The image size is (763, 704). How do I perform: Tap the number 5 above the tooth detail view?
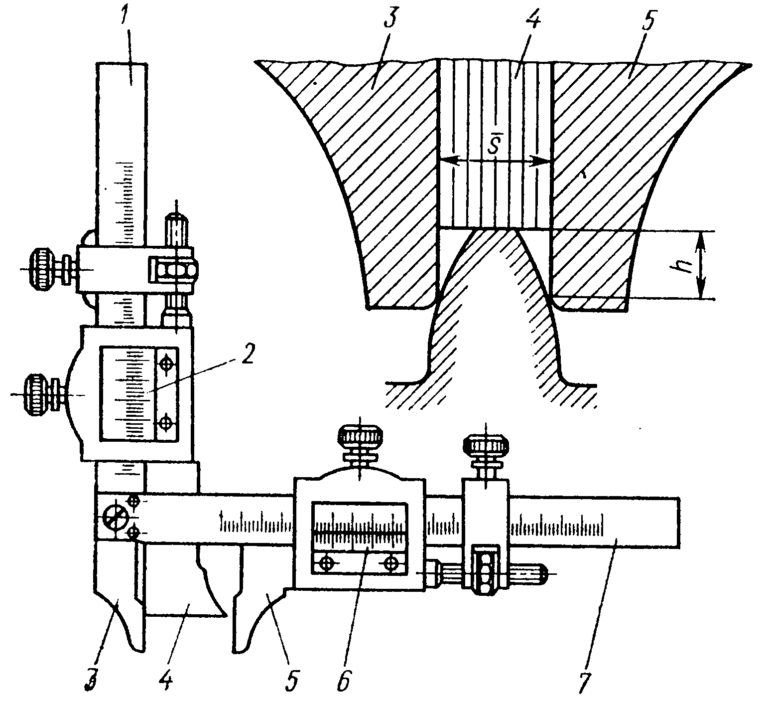point(646,20)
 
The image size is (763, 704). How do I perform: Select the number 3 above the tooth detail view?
point(390,20)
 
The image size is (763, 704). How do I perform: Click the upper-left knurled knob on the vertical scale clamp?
point(44,269)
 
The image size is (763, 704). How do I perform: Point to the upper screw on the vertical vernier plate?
point(166,363)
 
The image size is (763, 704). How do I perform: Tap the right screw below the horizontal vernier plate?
point(391,563)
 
